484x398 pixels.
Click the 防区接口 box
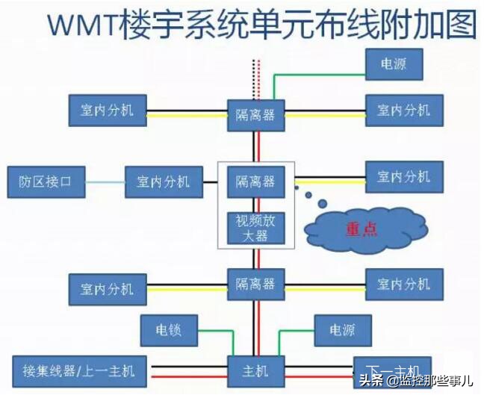(45, 181)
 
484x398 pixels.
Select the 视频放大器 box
(256, 227)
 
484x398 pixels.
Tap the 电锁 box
(169, 330)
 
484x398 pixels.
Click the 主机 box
(256, 370)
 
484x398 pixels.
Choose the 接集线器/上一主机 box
(79, 370)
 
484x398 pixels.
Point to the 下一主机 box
(392, 370)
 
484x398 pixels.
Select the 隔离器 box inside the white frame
(256, 181)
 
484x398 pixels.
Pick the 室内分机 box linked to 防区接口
(162, 181)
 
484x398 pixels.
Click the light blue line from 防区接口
(104, 181)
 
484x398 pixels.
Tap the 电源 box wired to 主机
(342, 330)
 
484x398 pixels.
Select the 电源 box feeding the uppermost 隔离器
(394, 64)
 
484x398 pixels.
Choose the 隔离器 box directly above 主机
(256, 284)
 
